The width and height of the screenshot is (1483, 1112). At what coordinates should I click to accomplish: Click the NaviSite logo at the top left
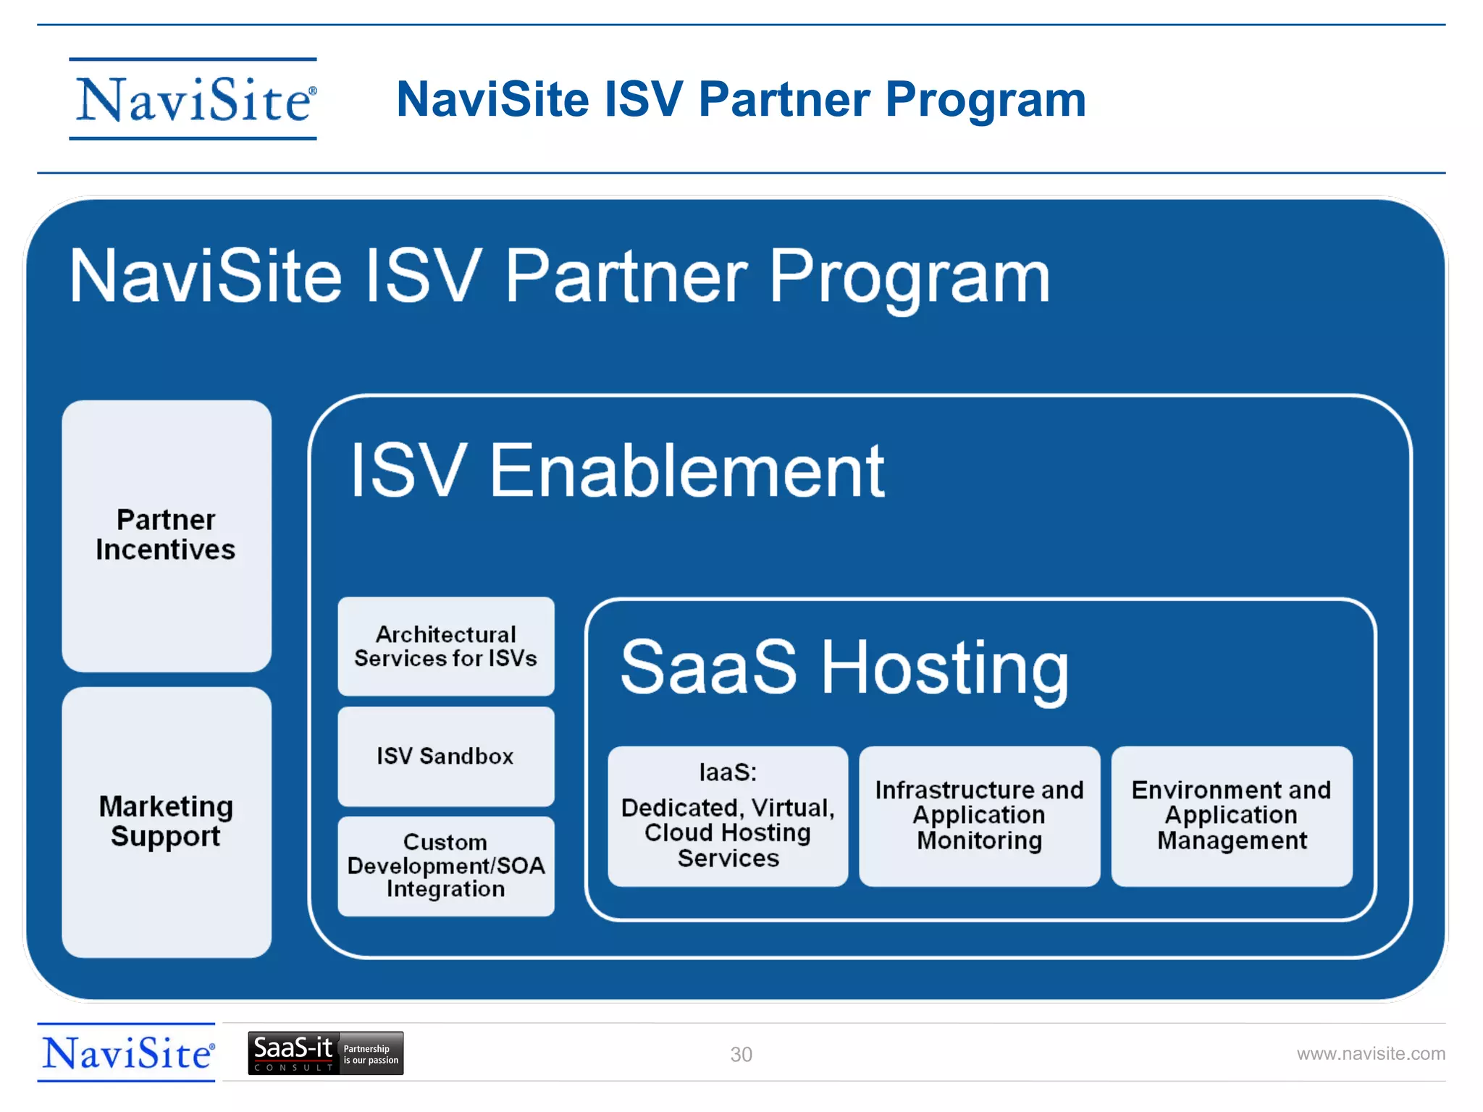click(193, 99)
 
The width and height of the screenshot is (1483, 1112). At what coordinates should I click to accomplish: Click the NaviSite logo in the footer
click(127, 1053)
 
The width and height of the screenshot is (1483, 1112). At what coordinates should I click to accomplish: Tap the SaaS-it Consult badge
click(325, 1053)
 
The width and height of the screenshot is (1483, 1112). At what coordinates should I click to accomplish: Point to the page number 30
click(741, 1054)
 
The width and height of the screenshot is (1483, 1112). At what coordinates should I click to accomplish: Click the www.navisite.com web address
click(1370, 1053)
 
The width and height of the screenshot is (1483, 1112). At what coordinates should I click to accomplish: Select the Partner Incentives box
click(167, 536)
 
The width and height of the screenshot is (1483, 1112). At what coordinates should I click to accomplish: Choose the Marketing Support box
click(167, 822)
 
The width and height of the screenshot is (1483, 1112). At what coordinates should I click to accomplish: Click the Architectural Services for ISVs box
click(445, 646)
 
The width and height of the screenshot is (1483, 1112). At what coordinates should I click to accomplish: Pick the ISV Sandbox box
click(445, 757)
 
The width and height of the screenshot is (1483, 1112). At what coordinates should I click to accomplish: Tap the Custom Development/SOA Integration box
click(445, 866)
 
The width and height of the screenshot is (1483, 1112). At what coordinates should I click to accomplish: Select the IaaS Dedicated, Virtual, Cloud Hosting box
click(728, 816)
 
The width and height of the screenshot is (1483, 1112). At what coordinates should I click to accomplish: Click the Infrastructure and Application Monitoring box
click(979, 816)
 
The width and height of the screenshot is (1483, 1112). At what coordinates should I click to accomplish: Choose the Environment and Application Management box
click(1231, 816)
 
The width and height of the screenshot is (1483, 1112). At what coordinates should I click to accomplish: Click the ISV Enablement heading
click(617, 471)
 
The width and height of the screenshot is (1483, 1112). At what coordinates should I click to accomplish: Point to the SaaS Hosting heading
click(844, 667)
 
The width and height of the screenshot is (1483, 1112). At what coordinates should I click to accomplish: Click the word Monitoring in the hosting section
click(979, 841)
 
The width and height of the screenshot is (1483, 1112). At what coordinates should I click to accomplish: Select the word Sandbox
click(466, 757)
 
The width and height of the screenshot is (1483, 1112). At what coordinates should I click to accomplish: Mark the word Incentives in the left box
click(166, 550)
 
